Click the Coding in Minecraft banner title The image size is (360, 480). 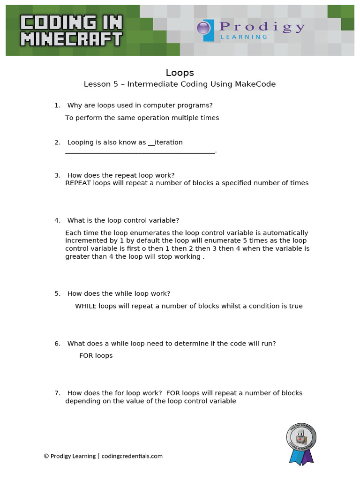[71, 30]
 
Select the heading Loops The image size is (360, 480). [180, 73]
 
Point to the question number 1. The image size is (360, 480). [57, 105]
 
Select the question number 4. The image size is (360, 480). [57, 221]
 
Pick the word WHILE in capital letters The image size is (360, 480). [85, 307]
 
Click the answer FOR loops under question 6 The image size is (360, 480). [96, 356]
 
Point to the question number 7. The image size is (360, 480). [57, 393]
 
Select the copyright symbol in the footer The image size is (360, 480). [46, 456]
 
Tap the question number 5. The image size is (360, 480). [57, 294]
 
